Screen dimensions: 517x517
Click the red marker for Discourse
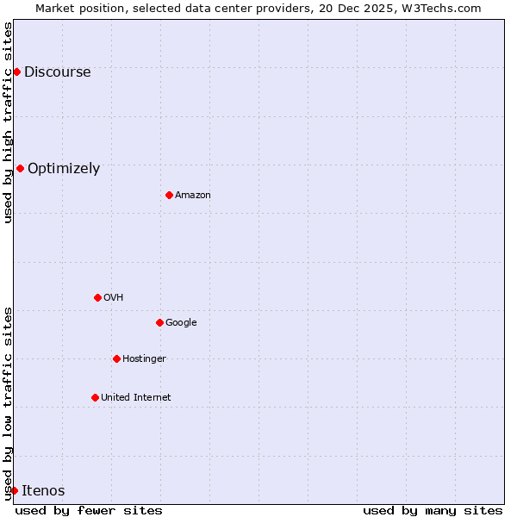[x=16, y=72]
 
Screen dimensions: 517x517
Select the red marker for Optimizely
[x=20, y=168]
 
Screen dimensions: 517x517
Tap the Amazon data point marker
[x=169, y=195]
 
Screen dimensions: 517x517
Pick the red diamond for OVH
[x=97, y=297]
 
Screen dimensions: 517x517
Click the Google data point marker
[x=159, y=322]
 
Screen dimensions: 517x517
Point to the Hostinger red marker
[x=116, y=358]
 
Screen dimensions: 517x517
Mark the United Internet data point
[x=95, y=397]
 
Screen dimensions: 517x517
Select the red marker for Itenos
[x=14, y=490]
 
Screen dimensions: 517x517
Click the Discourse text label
[x=57, y=72]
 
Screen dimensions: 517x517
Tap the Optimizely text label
[x=64, y=169]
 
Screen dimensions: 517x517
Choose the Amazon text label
[x=193, y=196]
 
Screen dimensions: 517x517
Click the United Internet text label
[x=136, y=398]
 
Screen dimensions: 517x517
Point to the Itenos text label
[x=43, y=491]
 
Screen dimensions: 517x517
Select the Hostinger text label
[x=144, y=359]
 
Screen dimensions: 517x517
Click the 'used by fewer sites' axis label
[x=89, y=510]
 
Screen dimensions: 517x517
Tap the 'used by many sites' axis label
[x=433, y=510]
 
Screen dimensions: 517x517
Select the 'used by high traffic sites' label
[x=9, y=122]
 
